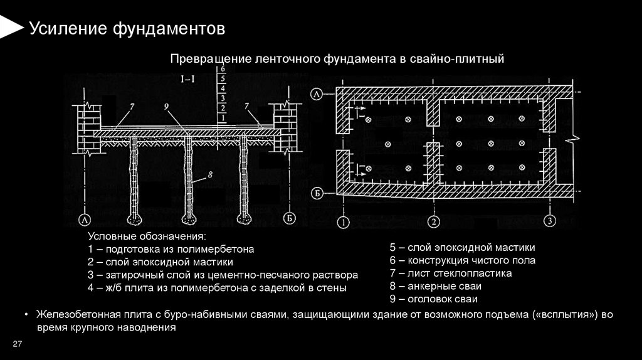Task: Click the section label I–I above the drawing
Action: (x=186, y=80)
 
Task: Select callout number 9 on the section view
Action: (x=167, y=107)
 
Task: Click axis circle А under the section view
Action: (x=83, y=219)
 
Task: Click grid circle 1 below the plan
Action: (x=342, y=221)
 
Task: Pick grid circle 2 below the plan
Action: (x=433, y=221)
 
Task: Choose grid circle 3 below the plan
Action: (x=549, y=221)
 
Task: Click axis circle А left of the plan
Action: (x=318, y=95)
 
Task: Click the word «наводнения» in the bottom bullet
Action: (x=151, y=327)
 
